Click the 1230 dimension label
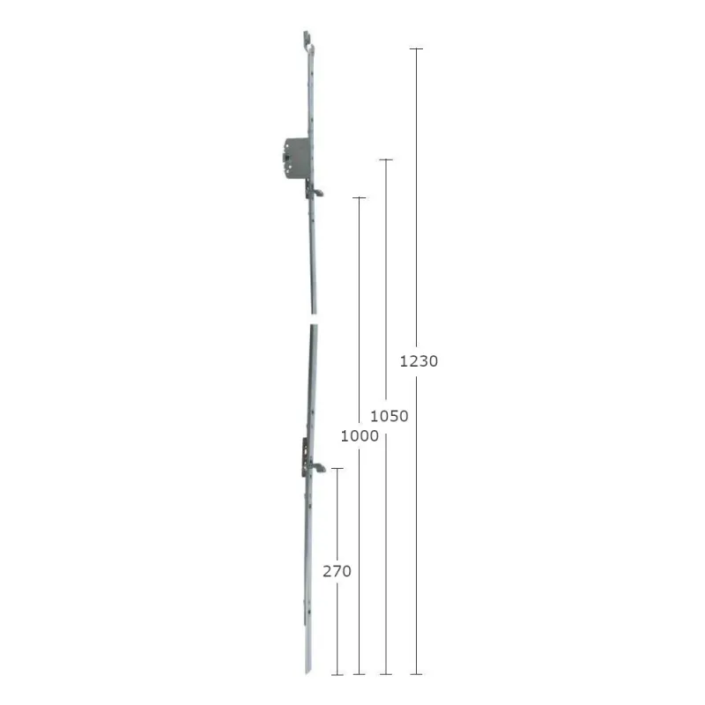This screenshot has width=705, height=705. (x=419, y=361)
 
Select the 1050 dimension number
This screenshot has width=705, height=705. (x=389, y=416)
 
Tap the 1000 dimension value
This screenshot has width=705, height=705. (x=360, y=435)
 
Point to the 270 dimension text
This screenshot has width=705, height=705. (x=337, y=571)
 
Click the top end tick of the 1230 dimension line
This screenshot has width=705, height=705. (x=416, y=48)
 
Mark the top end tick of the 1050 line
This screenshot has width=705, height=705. (x=386, y=160)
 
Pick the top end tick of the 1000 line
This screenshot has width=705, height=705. (x=359, y=197)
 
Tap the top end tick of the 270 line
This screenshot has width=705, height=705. (x=338, y=469)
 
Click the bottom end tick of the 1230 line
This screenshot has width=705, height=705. (x=416, y=674)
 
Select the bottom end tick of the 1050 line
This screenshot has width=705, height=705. (x=386, y=674)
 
